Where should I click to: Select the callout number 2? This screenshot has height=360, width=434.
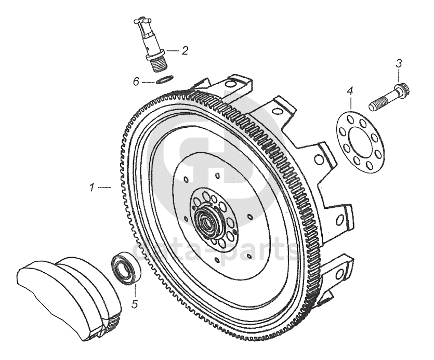pyautogui.click(x=185, y=50)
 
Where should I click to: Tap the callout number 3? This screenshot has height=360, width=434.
pyautogui.click(x=399, y=64)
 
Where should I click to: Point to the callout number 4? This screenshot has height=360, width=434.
pyautogui.click(x=350, y=91)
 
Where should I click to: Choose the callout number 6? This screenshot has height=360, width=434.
pyautogui.click(x=136, y=81)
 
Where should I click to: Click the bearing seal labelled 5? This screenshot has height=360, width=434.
pyautogui.click(x=125, y=268)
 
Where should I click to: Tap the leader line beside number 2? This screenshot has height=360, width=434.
pyautogui.click(x=172, y=51)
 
